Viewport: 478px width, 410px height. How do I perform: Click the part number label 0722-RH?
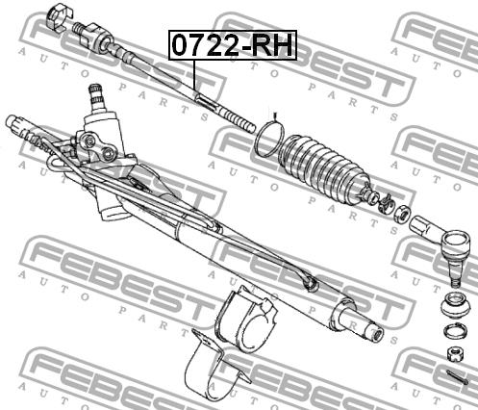tap(233, 45)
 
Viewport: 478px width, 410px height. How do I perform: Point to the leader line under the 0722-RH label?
tap(194, 76)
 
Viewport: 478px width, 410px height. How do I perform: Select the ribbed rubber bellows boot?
tap(324, 167)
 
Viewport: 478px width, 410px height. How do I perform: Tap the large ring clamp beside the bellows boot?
tap(269, 139)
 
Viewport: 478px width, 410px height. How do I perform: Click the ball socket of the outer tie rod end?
tap(456, 243)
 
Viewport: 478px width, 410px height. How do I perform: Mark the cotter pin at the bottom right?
tap(457, 376)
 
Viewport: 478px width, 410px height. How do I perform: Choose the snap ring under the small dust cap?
tap(456, 331)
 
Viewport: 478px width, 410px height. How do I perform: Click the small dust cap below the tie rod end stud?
tap(456, 305)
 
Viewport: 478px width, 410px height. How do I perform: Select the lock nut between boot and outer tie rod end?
tap(402, 216)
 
